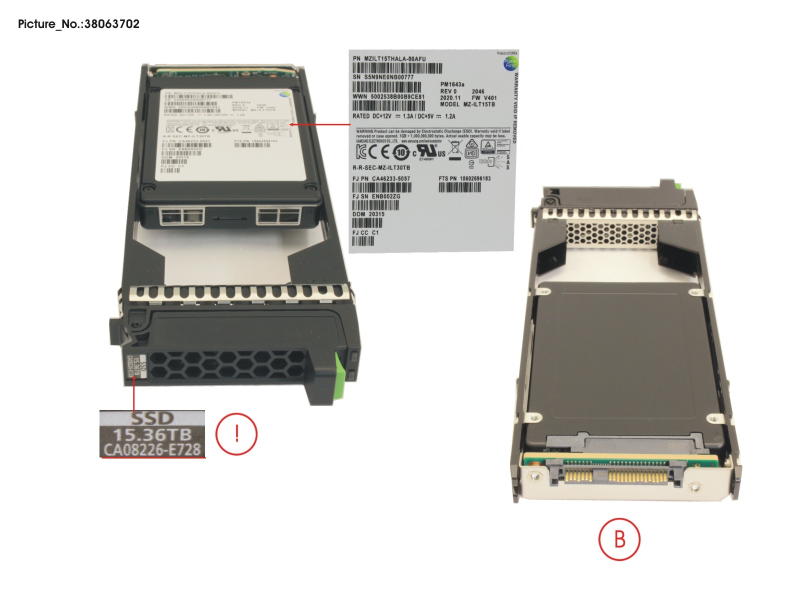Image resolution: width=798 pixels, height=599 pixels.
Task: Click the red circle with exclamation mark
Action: [236, 433]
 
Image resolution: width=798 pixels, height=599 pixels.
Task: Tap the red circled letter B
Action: [619, 539]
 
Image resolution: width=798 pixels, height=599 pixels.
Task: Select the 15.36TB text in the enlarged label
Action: [152, 434]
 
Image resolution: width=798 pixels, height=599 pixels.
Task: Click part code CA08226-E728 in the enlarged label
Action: [152, 449]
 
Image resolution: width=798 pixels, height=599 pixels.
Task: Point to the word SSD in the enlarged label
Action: [152, 418]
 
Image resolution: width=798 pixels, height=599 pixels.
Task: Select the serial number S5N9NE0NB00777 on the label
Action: [383, 77]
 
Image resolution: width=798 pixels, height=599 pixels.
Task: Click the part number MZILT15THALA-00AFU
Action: [389, 58]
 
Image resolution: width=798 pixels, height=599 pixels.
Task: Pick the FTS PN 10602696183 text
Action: [464, 178]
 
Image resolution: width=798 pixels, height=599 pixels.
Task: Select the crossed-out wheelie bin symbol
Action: [454, 149]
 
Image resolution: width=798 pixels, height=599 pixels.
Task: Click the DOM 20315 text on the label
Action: [368, 214]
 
